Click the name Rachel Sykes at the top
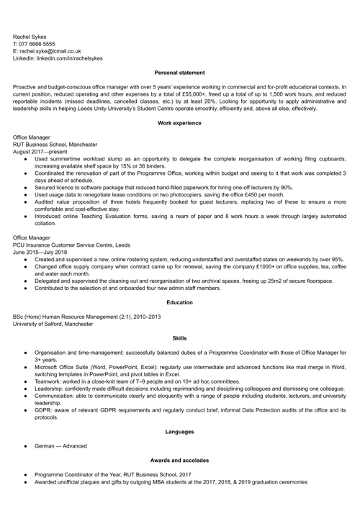[x=30, y=35]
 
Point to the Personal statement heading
[x=180, y=73]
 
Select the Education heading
[x=180, y=303]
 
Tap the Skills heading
[x=180, y=337]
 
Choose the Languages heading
[x=180, y=432]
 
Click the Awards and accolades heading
[x=180, y=460]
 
